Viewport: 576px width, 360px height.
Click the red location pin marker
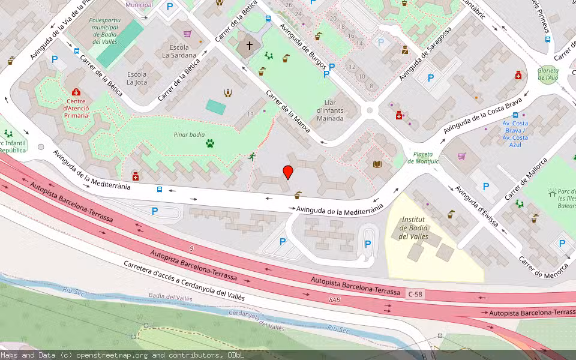(288, 172)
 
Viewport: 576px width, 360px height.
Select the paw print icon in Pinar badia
(210, 143)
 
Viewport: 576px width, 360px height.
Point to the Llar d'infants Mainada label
(330, 110)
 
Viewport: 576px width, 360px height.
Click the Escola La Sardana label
(179, 51)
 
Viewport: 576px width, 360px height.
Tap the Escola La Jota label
(137, 79)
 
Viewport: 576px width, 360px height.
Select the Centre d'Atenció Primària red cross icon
(76, 92)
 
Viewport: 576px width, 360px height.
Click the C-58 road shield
(415, 294)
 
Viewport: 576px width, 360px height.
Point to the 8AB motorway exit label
(334, 299)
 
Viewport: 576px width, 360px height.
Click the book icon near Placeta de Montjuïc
(377, 164)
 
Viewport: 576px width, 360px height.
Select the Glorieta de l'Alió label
(548, 74)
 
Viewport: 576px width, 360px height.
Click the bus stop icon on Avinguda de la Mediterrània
(160, 190)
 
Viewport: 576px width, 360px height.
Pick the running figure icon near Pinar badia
(252, 157)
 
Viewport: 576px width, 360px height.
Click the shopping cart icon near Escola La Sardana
(187, 34)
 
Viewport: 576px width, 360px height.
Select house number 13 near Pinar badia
(250, 114)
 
